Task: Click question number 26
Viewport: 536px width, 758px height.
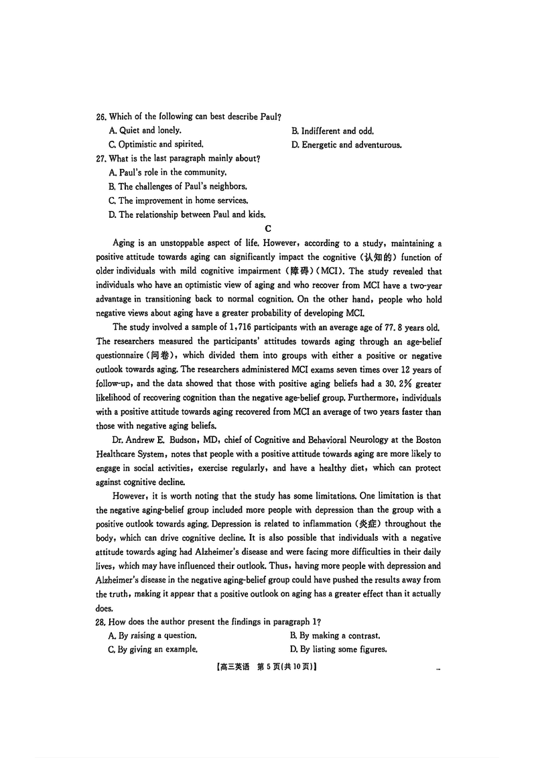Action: (x=101, y=117)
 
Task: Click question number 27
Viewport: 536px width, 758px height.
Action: (x=101, y=159)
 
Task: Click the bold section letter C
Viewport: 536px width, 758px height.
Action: (x=268, y=229)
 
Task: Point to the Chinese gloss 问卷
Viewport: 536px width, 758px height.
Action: (x=164, y=356)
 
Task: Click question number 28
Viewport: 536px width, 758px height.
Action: (x=101, y=623)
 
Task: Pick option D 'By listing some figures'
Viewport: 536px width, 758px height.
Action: (x=338, y=649)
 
